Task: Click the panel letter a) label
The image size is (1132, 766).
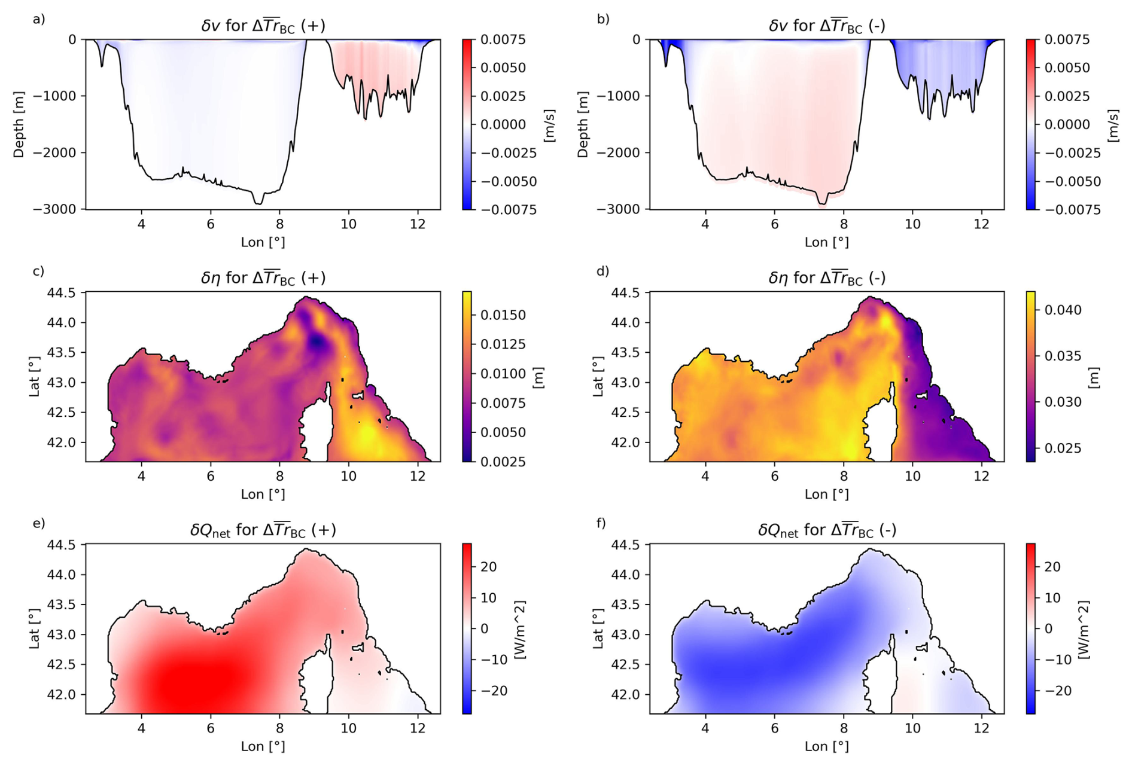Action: tap(39, 20)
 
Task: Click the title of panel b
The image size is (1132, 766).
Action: tap(826, 26)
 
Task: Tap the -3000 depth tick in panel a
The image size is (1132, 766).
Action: tap(59, 209)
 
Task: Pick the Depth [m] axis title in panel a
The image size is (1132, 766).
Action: tap(19, 124)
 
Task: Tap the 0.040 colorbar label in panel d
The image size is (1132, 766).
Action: tap(1063, 310)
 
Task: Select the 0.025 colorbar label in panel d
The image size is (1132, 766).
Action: tap(1063, 448)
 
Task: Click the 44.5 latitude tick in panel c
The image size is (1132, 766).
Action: tap(62, 293)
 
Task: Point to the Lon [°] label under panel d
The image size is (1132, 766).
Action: tap(826, 495)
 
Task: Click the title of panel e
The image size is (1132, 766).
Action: tap(263, 530)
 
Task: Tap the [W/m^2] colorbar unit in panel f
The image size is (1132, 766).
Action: tap(1084, 629)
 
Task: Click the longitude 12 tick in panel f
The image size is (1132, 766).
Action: tap(981, 728)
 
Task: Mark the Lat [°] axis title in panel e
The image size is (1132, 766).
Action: tap(35, 628)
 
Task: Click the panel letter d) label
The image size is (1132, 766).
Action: tap(602, 271)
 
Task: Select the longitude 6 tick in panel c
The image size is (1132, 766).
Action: tap(211, 476)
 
